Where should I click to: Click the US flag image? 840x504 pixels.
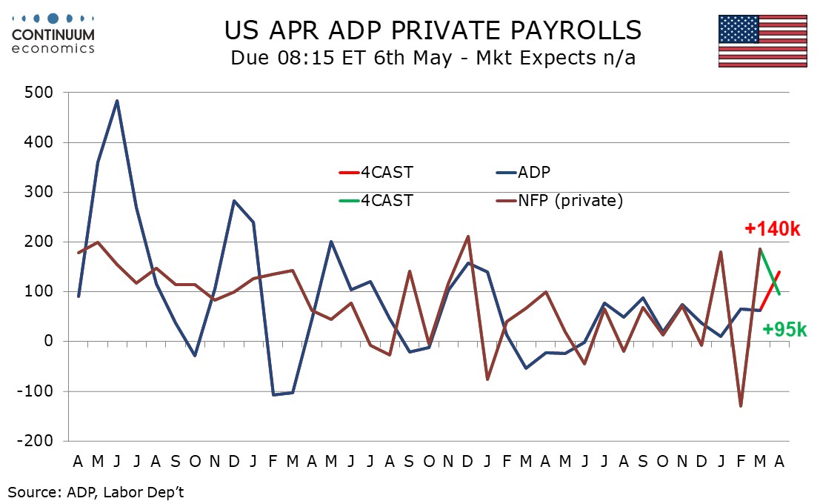762,41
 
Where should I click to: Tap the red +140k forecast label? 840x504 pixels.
773,229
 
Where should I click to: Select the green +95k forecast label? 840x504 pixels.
784,329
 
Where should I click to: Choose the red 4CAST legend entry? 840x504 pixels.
376,173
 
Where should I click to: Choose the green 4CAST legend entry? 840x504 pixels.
376,199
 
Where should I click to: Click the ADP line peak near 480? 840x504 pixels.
117,101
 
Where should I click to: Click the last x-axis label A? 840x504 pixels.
779,461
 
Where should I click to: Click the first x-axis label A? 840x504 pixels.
78,461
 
